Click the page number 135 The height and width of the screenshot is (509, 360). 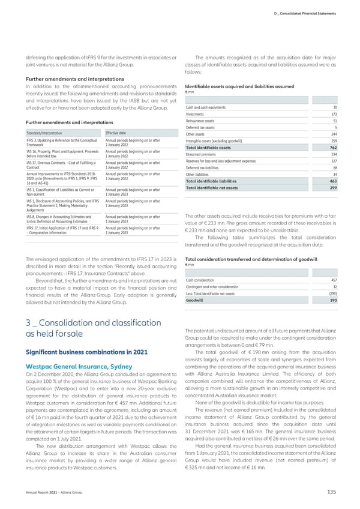click(x=331, y=493)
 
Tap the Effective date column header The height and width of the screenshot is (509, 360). click(x=115, y=133)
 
